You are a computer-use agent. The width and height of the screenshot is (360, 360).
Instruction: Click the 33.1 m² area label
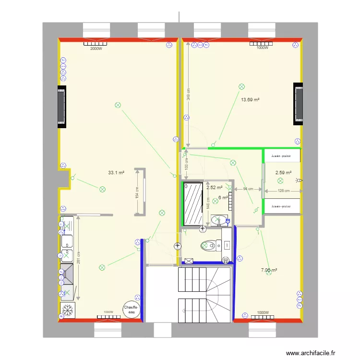117,172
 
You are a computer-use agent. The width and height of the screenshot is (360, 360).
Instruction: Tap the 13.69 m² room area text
250,100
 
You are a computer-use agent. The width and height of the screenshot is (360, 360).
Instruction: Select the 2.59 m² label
283,172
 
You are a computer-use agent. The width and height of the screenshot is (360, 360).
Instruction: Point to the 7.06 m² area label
269,271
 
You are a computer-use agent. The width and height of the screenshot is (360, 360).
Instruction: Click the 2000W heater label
96,48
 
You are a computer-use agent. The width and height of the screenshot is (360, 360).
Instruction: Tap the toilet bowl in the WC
207,245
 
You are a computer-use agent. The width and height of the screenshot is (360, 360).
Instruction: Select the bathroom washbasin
218,220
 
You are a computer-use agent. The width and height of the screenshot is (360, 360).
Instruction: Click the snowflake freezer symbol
68,310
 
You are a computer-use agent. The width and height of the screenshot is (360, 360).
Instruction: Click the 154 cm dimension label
137,193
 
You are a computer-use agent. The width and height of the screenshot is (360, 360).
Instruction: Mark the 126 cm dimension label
284,191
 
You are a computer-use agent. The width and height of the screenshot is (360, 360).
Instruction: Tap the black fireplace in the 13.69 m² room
299,103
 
